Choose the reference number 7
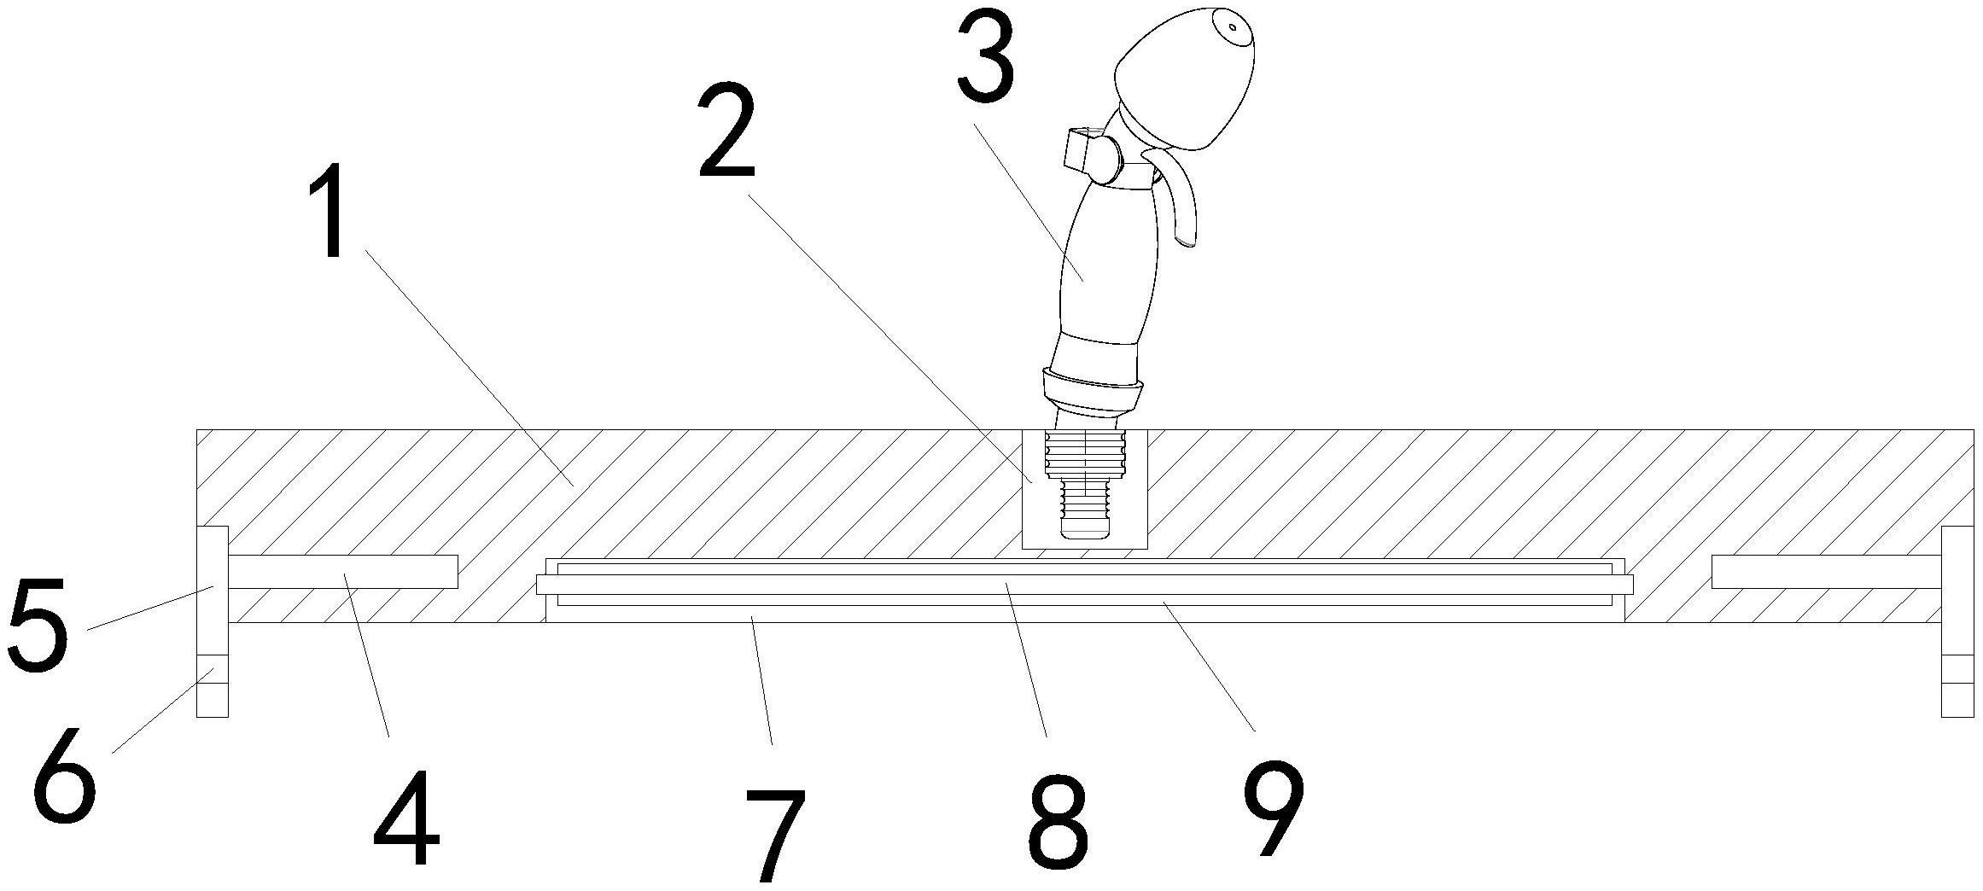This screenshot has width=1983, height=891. coord(775,836)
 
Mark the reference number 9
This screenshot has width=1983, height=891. coord(1274,807)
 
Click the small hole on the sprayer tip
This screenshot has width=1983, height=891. coord(1232,27)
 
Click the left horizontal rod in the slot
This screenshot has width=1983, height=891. coord(342,572)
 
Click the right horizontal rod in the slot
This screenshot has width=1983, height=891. coord(1827,572)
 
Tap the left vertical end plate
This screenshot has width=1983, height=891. coord(213,621)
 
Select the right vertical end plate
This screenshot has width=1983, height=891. coord(1957,621)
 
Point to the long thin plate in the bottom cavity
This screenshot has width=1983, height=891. coord(1084,585)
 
